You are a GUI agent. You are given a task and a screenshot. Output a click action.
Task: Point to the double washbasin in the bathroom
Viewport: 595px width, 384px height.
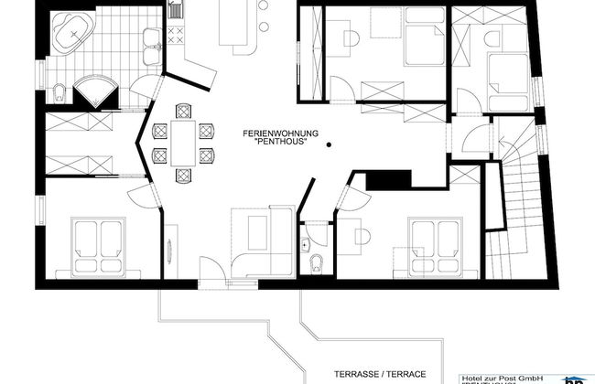[152, 39]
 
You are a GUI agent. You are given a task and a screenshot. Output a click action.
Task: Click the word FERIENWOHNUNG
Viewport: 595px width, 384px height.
[280, 133]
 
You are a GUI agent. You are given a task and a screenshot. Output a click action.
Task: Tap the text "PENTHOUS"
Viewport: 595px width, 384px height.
[281, 144]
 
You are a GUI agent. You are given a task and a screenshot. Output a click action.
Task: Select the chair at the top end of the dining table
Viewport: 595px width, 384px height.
[183, 112]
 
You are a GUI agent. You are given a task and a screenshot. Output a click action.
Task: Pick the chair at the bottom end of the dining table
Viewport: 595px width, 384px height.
[183, 173]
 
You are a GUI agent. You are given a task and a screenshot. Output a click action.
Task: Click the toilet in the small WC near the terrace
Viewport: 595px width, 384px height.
[317, 264]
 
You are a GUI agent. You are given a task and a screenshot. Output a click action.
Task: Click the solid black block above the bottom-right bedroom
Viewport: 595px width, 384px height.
[378, 180]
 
